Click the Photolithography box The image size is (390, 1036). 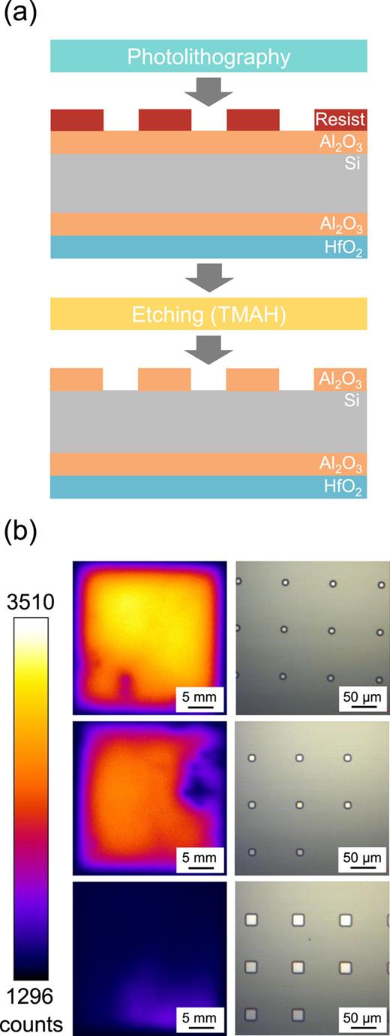(x=208, y=56)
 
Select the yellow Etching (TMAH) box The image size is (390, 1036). (x=208, y=314)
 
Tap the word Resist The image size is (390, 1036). (x=340, y=120)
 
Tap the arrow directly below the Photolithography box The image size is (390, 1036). (x=208, y=91)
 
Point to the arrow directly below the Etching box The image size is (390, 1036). (x=208, y=349)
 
